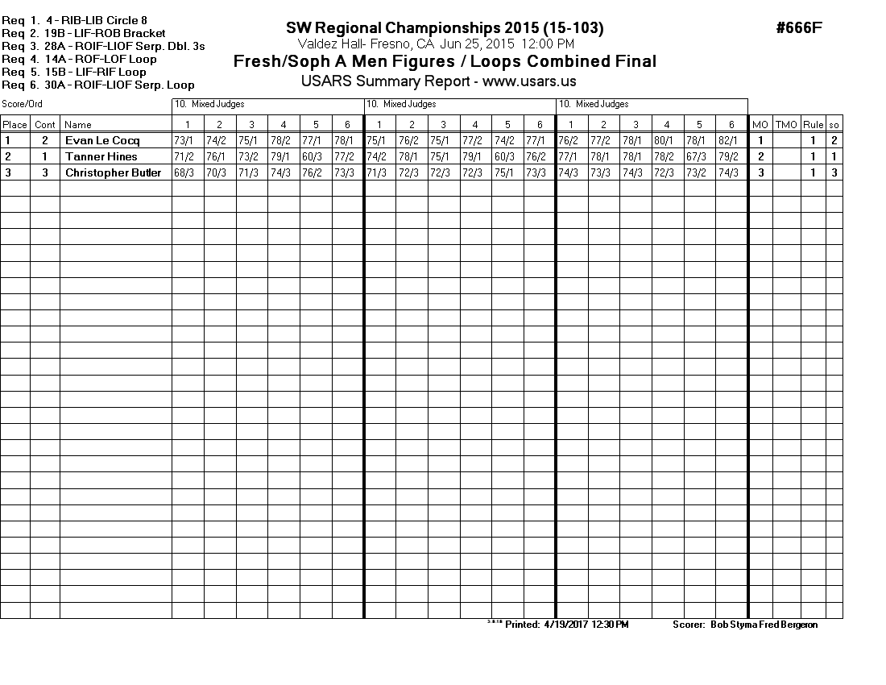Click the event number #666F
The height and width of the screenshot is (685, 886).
[x=799, y=28]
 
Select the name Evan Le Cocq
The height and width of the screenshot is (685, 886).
[x=102, y=140]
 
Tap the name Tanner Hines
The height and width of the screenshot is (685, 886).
[x=101, y=156]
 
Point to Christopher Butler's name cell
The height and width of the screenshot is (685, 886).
[x=114, y=172]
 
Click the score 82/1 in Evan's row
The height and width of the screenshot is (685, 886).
[x=731, y=140]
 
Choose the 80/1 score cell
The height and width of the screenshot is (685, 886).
[x=667, y=140]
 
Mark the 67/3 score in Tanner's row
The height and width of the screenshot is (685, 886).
[x=699, y=156]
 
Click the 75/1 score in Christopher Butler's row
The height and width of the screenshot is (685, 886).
[x=507, y=172]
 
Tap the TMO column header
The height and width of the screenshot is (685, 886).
[x=786, y=124]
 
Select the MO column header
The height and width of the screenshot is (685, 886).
[x=760, y=124]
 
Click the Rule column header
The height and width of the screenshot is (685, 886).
[x=814, y=124]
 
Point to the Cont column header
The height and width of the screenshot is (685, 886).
[x=45, y=124]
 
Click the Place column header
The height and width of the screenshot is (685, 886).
[x=14, y=124]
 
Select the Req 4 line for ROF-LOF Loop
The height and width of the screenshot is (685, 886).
[x=79, y=59]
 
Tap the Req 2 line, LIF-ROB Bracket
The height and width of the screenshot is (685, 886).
[x=84, y=33]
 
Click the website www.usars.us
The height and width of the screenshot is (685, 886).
[x=529, y=81]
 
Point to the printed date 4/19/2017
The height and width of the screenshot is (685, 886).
[x=568, y=625]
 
